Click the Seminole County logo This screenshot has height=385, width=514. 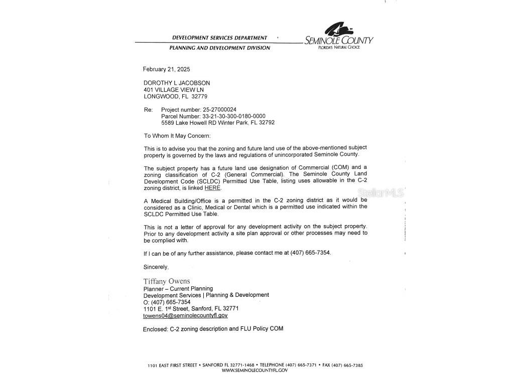(339, 35)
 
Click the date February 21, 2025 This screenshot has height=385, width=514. (166, 69)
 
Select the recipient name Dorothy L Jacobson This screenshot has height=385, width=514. (177, 83)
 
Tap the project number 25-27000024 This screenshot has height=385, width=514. (219, 109)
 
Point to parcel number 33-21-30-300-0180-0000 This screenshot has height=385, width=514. (234, 116)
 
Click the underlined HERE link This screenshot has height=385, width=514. (212, 188)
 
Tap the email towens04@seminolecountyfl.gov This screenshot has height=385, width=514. (185, 316)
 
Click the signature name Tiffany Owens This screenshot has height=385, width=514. (167, 281)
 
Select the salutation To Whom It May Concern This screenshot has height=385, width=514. (177, 136)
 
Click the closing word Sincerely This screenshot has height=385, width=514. (156, 267)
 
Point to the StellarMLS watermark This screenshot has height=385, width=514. (380, 192)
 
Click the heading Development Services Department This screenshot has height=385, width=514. (219, 38)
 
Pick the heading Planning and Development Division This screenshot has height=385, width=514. (219, 48)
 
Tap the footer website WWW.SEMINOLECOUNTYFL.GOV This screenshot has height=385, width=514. (254, 370)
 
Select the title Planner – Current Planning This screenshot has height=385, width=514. (178, 289)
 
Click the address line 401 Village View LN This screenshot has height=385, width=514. (174, 90)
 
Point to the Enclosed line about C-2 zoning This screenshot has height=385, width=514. (213, 329)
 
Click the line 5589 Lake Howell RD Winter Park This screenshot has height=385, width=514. (218, 122)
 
